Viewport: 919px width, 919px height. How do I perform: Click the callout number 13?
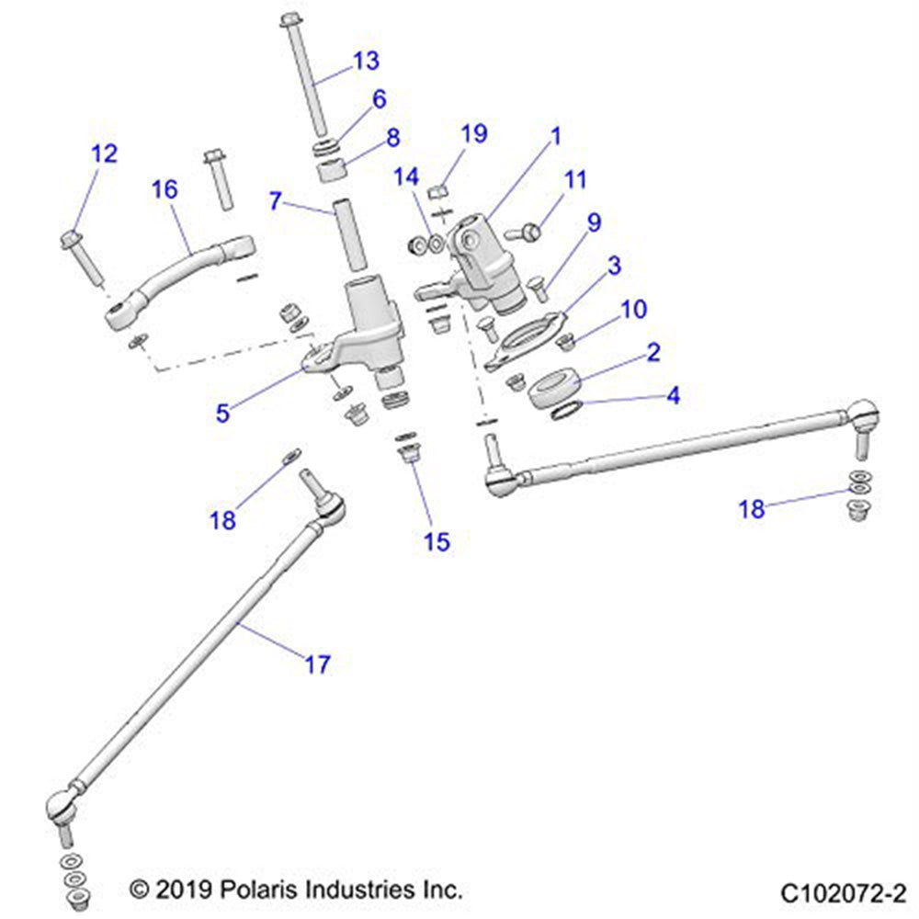coord(366,62)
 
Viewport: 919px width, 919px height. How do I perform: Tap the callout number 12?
coord(105,153)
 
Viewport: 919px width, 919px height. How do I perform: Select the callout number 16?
coord(165,190)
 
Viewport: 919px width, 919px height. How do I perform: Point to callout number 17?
coord(317,664)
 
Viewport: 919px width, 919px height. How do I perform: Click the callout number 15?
coord(437,541)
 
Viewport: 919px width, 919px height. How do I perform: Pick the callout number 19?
coord(474,135)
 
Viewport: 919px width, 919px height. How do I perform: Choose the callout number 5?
coord(222,413)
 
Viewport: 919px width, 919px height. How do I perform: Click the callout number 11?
coord(574,179)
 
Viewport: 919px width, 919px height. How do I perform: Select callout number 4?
coord(674,396)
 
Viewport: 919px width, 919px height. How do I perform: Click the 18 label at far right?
coord(752,508)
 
